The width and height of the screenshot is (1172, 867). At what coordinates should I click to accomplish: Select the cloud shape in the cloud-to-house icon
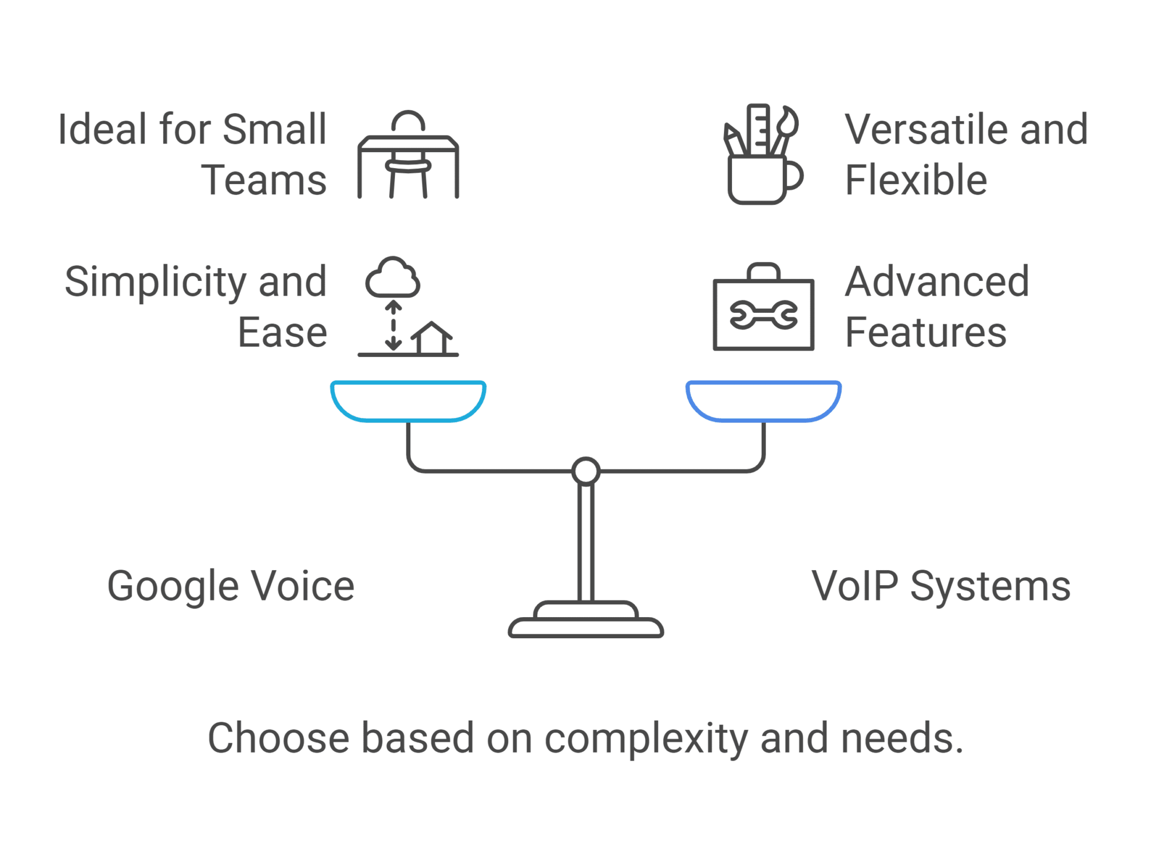pos(393,279)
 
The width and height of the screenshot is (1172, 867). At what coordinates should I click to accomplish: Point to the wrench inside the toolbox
pos(763,315)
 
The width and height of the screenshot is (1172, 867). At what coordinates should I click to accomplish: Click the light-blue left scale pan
pos(408,401)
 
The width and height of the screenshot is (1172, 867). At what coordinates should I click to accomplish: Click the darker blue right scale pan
pos(763,401)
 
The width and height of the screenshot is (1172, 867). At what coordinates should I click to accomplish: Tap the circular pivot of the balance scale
pos(585,471)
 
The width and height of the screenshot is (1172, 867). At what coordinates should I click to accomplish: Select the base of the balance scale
pos(585,623)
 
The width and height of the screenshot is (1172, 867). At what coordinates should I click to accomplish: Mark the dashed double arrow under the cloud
pos(393,326)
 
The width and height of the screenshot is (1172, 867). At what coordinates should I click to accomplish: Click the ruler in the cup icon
pos(759,130)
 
